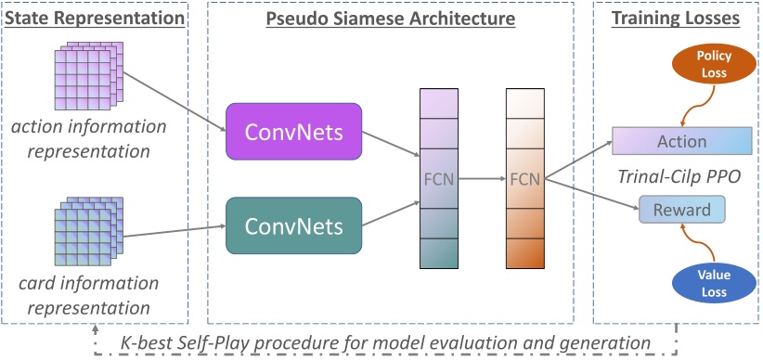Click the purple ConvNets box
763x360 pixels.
coord(293,132)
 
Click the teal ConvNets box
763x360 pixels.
coord(293,225)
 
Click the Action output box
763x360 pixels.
coord(682,142)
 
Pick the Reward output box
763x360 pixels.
coord(682,210)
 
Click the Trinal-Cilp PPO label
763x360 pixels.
coord(681,174)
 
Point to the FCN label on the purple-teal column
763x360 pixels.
coord(439,177)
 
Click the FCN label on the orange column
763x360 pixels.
coord(524,177)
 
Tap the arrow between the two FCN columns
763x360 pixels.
coord(481,177)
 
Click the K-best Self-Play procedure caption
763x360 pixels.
coord(386,342)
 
